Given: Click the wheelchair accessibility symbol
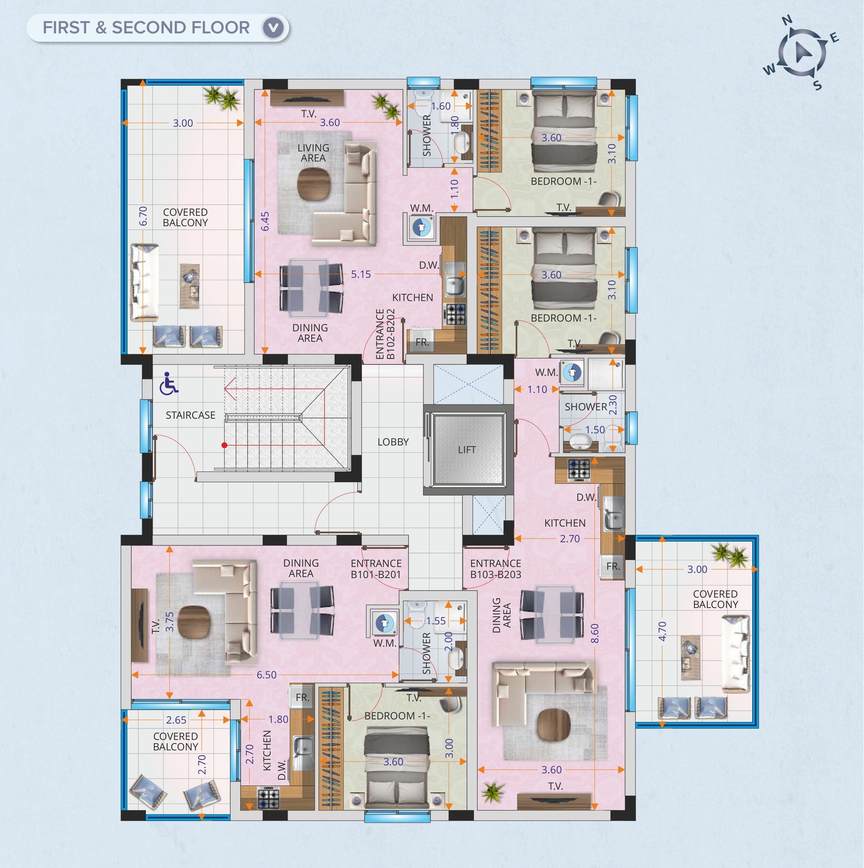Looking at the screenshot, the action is coord(169,383).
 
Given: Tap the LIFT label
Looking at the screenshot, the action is coord(467,450).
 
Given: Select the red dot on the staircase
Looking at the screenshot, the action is coord(224,445).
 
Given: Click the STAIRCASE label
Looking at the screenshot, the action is coord(190,415).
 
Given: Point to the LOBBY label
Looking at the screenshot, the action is coord(393,442).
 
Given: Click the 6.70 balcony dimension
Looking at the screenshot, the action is coord(143,216).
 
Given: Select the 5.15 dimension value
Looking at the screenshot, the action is coord(361,274).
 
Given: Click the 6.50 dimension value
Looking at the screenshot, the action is coord(266,675).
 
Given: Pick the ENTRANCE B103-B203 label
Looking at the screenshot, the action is coord(496,569).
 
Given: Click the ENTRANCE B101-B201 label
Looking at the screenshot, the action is coord(376,569).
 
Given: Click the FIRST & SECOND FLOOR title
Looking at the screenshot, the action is coord(146,28).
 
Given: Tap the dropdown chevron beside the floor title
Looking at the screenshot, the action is coord(273,28).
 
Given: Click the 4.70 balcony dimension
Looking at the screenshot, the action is coord(662,632).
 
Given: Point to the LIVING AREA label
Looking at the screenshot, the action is coord(313,153).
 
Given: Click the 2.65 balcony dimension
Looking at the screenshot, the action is coord(176,720).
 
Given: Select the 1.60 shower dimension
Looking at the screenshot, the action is coord(441,106).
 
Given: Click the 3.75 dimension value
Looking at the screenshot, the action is coord(170,622).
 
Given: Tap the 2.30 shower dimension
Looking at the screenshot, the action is coord(612,405).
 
